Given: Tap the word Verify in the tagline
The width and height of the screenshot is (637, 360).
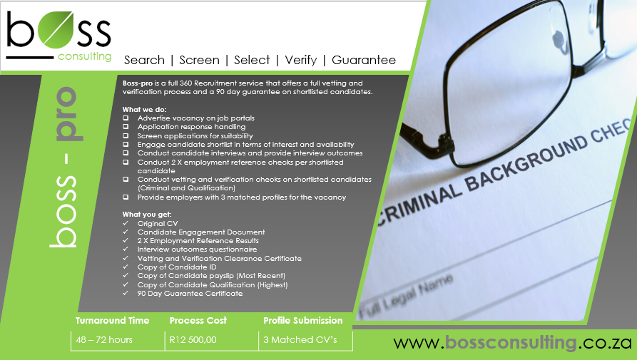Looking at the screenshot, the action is click(300, 60).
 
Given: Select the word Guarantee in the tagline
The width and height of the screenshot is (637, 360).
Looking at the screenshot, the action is click(364, 60).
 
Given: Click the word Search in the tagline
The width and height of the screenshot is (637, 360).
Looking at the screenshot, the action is click(144, 60).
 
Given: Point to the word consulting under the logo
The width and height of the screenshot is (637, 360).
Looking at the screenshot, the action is click(84, 56).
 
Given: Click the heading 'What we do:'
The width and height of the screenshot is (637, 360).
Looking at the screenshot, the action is click(145, 110).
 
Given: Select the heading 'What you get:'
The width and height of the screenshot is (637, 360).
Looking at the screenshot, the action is click(147, 215).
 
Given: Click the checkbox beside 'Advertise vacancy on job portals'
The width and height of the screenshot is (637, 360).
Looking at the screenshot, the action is click(126, 118).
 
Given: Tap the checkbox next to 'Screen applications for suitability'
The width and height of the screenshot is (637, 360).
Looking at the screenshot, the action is click(126, 136).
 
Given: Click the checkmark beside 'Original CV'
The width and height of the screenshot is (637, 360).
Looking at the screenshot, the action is click(126, 223).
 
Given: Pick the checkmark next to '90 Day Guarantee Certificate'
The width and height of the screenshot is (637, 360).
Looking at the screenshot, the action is click(126, 293).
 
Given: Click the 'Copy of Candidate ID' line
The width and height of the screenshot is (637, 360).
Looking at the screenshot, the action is click(177, 267).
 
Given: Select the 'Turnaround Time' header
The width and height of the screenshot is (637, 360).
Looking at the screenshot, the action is click(112, 320).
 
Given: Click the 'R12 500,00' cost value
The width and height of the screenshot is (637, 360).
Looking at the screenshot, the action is click(193, 340).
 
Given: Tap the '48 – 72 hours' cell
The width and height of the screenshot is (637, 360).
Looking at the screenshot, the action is click(104, 340).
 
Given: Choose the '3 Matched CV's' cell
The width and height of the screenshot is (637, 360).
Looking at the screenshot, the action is click(300, 340).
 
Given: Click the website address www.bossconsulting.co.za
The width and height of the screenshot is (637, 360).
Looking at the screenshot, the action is click(513, 343).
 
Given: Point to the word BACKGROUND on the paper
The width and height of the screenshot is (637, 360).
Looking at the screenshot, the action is click(526, 165).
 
